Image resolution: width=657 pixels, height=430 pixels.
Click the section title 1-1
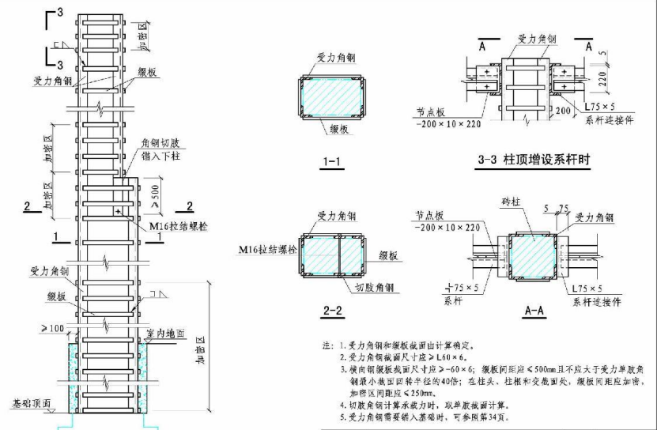pyautogui.click(x=330, y=164)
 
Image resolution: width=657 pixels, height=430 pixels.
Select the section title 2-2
pyautogui.click(x=333, y=311)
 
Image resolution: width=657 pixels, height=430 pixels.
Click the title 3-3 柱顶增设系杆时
pyautogui.click(x=535, y=160)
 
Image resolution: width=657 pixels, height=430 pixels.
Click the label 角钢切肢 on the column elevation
pyautogui.click(x=163, y=144)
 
